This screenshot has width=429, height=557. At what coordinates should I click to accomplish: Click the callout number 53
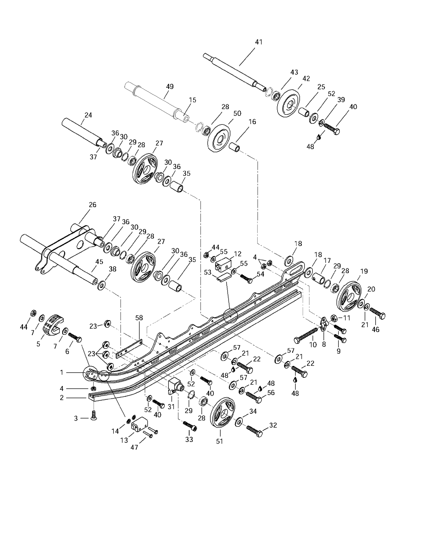pyautogui.click(x=208, y=272)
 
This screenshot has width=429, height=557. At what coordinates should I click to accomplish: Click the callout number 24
pyautogui.click(x=88, y=115)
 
